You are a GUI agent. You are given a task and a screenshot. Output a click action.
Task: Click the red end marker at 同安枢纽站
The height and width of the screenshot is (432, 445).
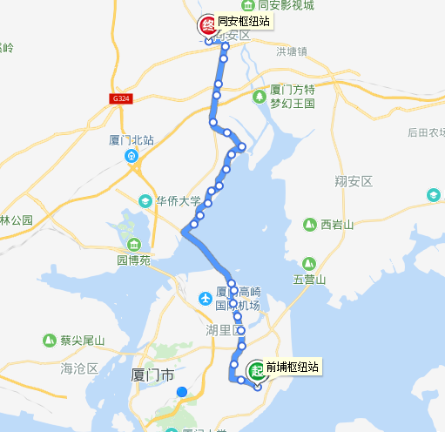click(207, 25)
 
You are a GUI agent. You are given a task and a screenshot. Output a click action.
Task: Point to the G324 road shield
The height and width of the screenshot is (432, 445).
click(122, 98)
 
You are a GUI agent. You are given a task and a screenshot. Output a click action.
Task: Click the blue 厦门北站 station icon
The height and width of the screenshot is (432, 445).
click(132, 157)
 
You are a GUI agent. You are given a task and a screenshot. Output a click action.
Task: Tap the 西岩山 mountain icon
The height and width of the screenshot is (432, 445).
click(309, 225)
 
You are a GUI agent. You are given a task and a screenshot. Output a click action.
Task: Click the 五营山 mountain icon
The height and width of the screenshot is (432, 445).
click(309, 264)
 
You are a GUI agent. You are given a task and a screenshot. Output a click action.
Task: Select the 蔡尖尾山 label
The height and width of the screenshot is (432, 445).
click(81, 340)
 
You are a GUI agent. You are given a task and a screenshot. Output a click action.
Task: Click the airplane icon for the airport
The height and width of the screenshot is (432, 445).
click(206, 300)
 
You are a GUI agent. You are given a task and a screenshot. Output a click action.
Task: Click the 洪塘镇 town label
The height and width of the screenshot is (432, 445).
click(292, 51)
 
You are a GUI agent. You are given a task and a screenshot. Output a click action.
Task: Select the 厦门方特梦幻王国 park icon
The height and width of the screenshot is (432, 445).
click(260, 96)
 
